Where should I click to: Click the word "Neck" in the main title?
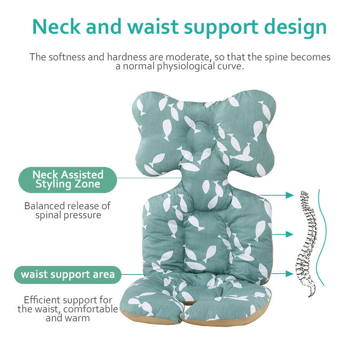57,27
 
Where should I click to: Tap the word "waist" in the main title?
153,27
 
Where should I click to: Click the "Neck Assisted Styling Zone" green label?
68,180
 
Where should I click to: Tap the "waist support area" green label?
68,274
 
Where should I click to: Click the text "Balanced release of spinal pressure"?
67,211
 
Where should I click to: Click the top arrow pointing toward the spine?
276,195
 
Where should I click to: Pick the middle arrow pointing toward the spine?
283,234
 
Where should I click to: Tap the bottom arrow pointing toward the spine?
283,274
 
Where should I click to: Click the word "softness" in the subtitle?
67,57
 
